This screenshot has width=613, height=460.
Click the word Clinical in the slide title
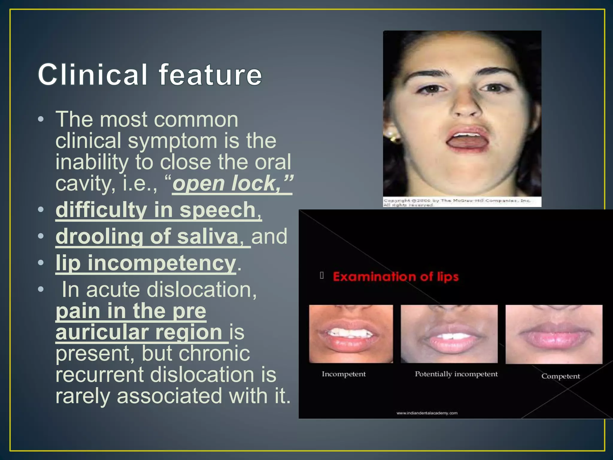[x=93, y=75]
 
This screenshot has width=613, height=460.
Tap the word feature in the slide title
[x=210, y=75]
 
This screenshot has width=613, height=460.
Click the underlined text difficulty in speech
[x=159, y=210]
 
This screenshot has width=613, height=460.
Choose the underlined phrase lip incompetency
[x=146, y=263]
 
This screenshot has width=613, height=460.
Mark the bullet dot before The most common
[x=41, y=120]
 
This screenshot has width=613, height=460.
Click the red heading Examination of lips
[x=395, y=276]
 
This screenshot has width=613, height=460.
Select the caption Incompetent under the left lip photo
[x=344, y=374]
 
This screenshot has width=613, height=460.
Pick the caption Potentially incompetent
[x=456, y=374]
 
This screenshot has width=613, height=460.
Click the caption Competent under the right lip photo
[x=560, y=376]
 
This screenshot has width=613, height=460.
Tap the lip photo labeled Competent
[x=554, y=334]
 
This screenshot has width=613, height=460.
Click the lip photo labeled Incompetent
[x=351, y=334]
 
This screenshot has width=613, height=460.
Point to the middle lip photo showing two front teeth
[x=449, y=334]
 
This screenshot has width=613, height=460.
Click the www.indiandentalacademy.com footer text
[x=427, y=413]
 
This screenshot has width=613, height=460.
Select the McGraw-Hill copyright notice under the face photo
[x=456, y=202]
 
